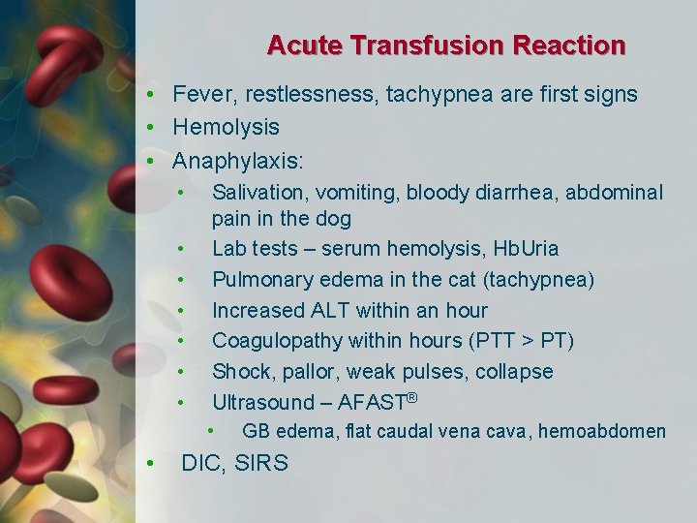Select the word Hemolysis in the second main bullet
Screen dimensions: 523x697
point(226,127)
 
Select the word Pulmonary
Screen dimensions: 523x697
point(256,280)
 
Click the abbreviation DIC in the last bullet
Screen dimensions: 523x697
point(200,463)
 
